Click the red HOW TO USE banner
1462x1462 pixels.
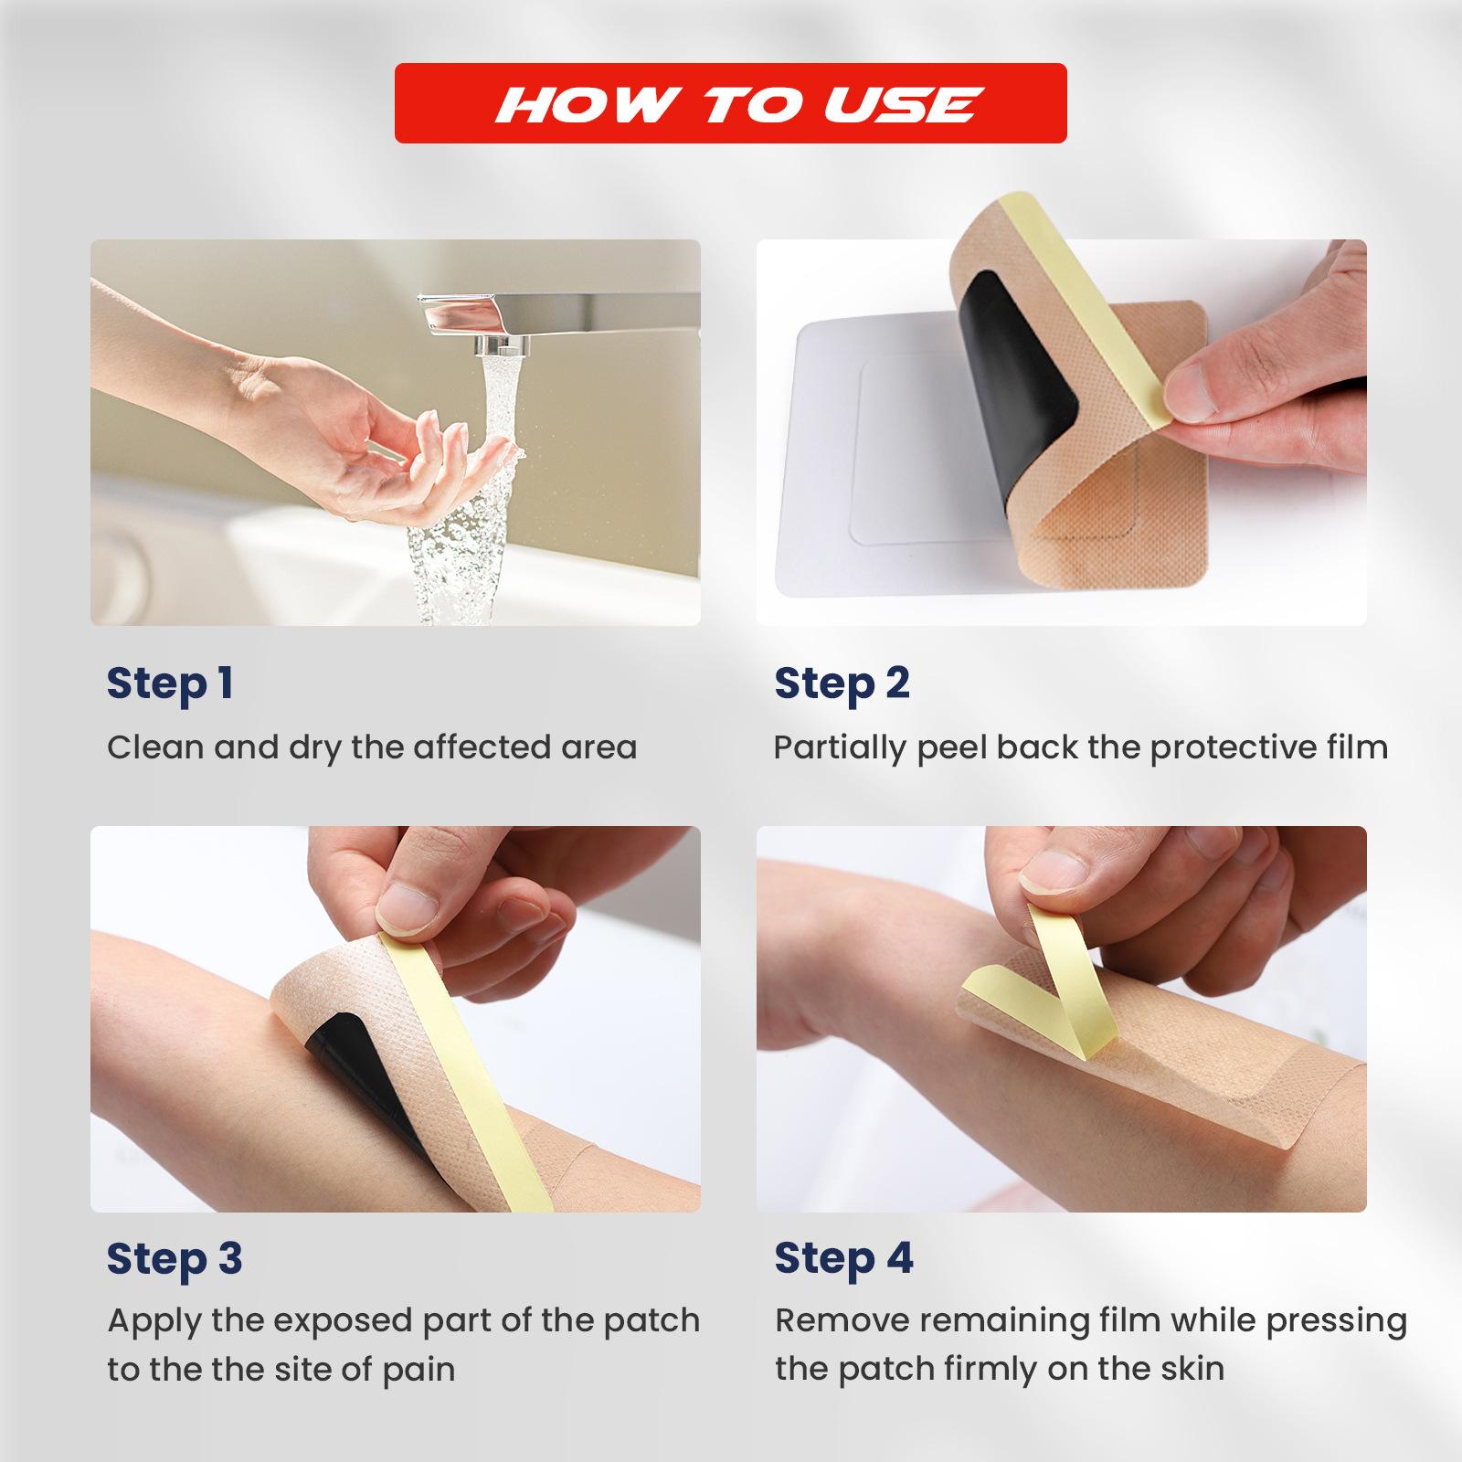pos(730,102)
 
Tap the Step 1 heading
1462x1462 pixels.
pos(170,684)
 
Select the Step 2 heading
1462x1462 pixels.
pos(842,684)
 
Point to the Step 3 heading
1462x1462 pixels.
pos(175,1259)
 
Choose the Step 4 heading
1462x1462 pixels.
pos(843,1259)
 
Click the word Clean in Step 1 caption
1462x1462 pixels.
pos(154,747)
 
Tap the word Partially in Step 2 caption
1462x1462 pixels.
pos(840,748)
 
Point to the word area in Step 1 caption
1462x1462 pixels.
pos(599,748)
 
